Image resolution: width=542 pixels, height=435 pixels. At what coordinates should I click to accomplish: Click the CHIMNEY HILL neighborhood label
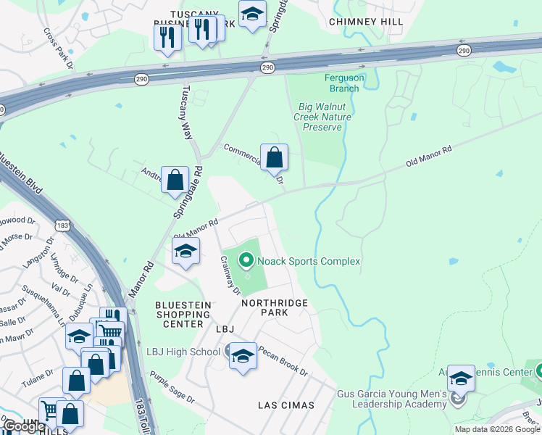(366, 22)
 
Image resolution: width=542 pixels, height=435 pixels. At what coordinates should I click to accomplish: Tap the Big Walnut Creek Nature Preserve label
(323, 117)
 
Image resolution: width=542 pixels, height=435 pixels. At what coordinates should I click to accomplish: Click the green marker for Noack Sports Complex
(246, 260)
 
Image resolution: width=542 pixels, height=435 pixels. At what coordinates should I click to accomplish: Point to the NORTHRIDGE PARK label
(275, 307)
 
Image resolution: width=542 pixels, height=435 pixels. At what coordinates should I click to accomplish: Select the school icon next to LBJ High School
(243, 356)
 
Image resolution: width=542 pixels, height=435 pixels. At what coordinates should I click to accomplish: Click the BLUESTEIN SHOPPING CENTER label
(183, 315)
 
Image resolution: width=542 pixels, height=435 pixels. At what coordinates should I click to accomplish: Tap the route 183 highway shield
(63, 226)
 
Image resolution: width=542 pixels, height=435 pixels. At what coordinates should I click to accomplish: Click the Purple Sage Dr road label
(172, 387)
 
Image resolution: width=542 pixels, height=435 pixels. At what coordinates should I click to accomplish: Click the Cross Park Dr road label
(59, 49)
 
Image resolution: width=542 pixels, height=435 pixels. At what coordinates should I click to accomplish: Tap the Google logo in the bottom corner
(23, 426)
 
